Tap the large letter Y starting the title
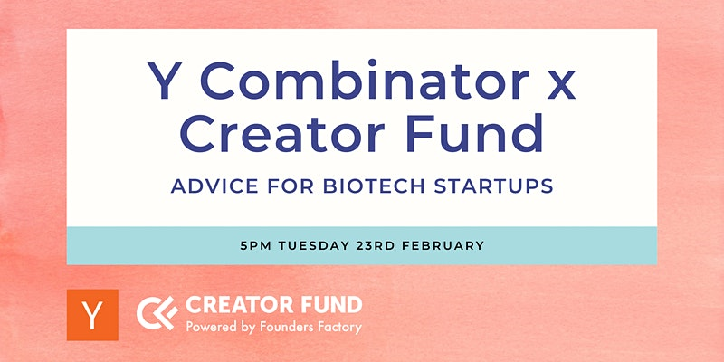pyautogui.click(x=165, y=81)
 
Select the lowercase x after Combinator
pyautogui.click(x=560, y=86)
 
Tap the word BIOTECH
pyautogui.click(x=374, y=186)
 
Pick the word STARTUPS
pyautogui.click(x=494, y=186)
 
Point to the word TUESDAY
pyautogui.click(x=314, y=245)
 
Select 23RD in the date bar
pyautogui.click(x=376, y=245)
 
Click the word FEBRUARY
pyautogui.click(x=443, y=245)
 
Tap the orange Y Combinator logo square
pyautogui.click(x=92, y=315)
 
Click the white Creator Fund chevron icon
pyautogui.click(x=157, y=313)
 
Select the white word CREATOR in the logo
pyautogui.click(x=239, y=305)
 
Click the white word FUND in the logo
pyautogui.click(x=329, y=305)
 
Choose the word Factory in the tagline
pyautogui.click(x=333, y=328)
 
